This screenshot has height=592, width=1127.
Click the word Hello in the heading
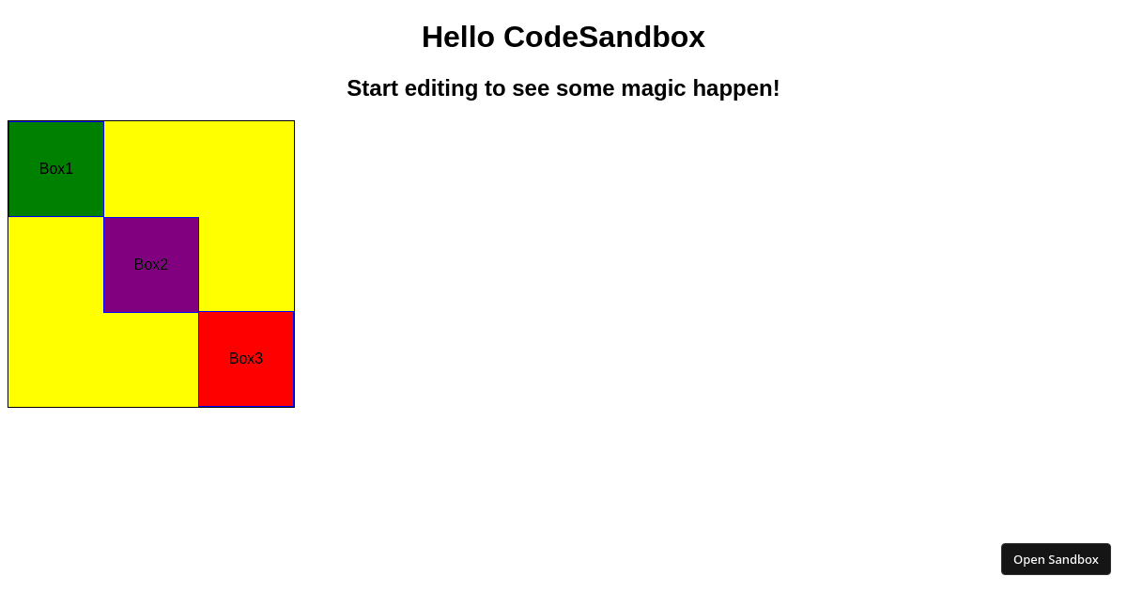click(x=457, y=38)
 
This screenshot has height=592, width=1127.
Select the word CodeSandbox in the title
click(x=604, y=38)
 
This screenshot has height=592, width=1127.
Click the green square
click(x=56, y=150)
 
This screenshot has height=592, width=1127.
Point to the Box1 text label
click(x=56, y=169)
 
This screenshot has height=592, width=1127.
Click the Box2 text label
click(x=151, y=265)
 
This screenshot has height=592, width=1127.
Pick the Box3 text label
click(x=246, y=359)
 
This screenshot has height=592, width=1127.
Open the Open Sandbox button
click(x=1056, y=559)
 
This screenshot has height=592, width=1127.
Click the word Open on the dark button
click(x=1028, y=559)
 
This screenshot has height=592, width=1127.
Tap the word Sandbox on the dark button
click(x=1073, y=559)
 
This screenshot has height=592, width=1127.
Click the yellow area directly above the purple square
click(x=151, y=169)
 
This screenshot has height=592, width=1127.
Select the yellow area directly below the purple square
click(x=151, y=360)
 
